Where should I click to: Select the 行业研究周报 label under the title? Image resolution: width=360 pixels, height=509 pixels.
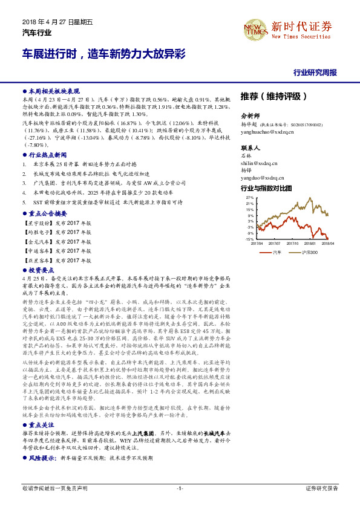315,73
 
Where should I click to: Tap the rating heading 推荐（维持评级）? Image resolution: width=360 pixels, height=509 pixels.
274,96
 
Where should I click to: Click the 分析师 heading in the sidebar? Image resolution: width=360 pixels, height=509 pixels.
250,115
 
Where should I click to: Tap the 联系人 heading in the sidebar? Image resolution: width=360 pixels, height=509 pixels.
250,148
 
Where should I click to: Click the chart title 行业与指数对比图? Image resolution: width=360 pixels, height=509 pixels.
266,189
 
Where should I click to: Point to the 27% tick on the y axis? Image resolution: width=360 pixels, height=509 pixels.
249,197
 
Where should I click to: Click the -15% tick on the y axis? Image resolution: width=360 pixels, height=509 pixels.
249,239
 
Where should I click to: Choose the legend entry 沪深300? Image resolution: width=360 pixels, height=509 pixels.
309,251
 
